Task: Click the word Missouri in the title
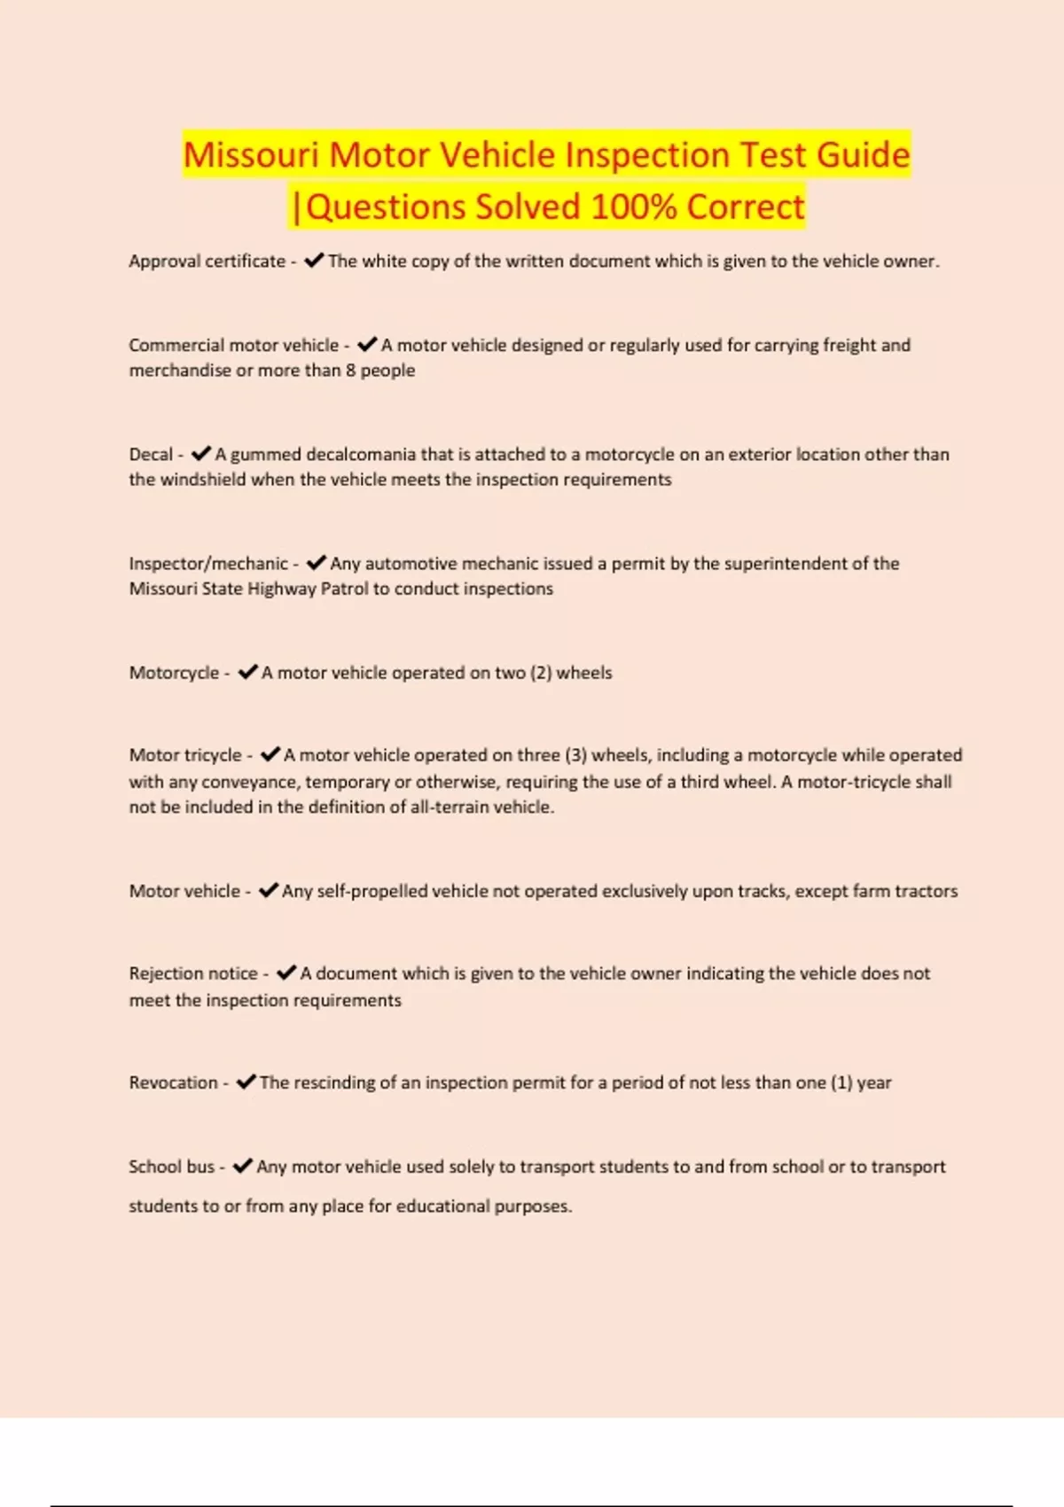(x=250, y=155)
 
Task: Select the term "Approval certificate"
(x=207, y=262)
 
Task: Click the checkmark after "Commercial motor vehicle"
(x=367, y=344)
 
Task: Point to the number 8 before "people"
(x=351, y=371)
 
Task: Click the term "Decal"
(x=151, y=455)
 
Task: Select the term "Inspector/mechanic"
(x=208, y=564)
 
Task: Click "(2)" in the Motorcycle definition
(x=541, y=673)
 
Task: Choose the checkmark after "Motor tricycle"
(x=270, y=754)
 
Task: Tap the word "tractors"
(x=927, y=891)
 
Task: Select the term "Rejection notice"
(x=193, y=973)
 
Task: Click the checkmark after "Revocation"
(x=246, y=1081)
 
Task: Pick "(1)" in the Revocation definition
(x=841, y=1082)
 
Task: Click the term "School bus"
(x=171, y=1167)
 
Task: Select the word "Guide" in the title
(x=863, y=155)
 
